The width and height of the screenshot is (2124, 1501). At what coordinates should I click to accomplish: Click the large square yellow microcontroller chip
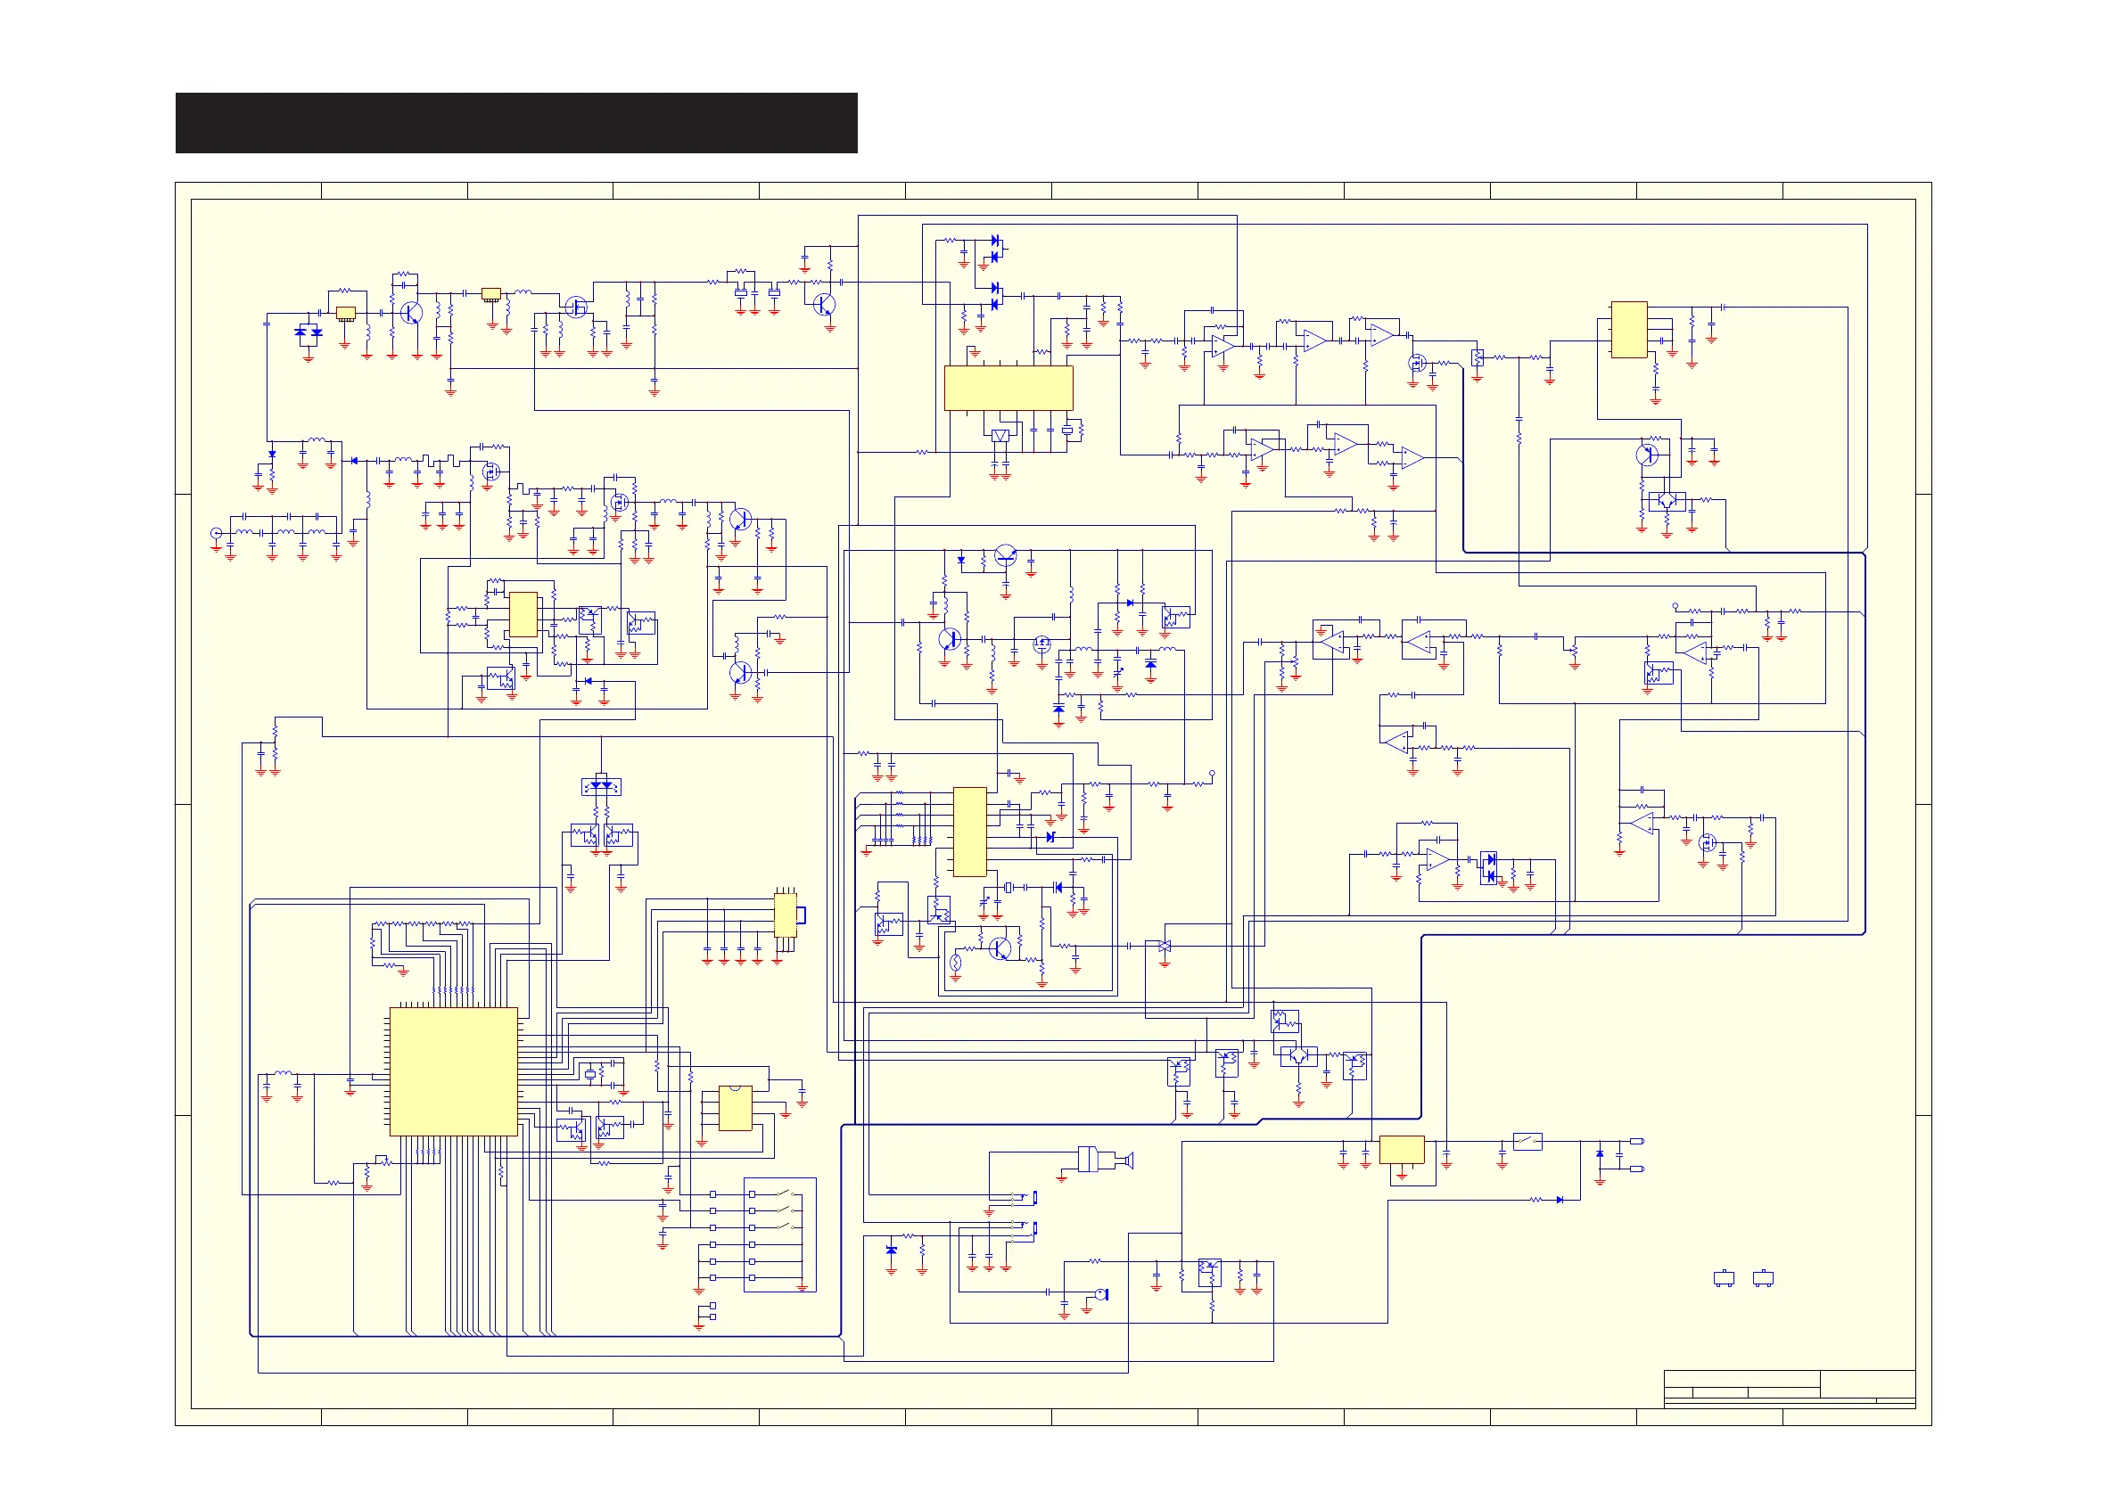[453, 1071]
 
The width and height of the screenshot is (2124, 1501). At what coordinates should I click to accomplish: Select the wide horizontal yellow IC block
[1008, 388]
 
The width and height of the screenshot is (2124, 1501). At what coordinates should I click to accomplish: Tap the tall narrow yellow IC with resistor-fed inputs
[969, 832]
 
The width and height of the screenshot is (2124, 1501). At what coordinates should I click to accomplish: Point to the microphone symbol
[1101, 1294]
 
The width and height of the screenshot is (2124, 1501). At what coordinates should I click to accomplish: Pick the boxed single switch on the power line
[1527, 1141]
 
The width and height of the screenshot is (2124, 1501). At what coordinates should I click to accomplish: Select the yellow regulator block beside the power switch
[1402, 1150]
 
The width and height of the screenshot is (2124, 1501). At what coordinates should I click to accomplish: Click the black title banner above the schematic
[516, 122]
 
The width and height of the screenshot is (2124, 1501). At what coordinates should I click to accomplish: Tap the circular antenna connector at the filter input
[217, 533]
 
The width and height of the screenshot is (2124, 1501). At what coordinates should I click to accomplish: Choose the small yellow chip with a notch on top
[736, 1108]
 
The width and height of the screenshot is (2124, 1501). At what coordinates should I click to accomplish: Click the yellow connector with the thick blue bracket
[786, 915]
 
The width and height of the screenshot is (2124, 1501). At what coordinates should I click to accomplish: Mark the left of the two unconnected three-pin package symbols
[1724, 1279]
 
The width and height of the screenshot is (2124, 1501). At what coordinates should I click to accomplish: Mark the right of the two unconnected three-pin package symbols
[1763, 1279]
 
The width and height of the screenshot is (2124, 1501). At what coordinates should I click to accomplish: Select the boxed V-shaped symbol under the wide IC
[1000, 436]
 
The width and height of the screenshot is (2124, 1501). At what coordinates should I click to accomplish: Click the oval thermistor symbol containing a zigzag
[956, 963]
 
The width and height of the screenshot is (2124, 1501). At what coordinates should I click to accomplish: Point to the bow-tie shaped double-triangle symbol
[1165, 946]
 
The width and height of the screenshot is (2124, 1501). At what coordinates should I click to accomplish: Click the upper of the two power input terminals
[1636, 1141]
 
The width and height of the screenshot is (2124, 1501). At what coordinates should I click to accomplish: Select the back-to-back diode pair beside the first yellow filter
[308, 332]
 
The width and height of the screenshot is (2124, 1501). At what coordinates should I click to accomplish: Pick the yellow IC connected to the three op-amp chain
[1629, 329]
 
